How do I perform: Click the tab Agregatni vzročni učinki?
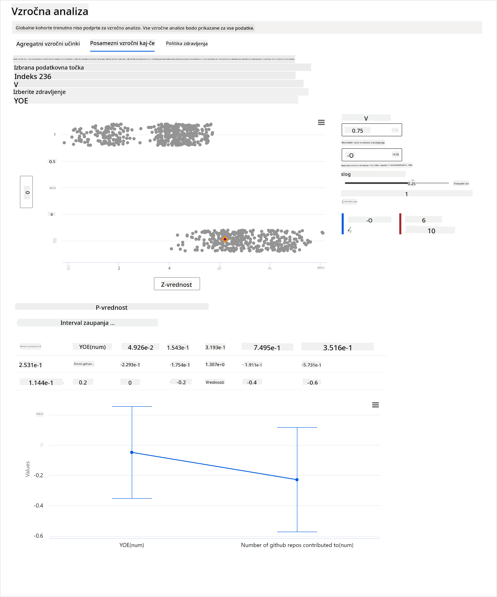(48, 44)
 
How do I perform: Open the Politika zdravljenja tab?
(187, 44)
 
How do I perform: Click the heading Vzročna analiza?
(50, 11)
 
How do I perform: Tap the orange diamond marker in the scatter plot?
(225, 239)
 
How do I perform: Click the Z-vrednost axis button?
(177, 284)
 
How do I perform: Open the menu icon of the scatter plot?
(321, 122)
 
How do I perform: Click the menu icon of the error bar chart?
(375, 405)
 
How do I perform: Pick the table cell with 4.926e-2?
(140, 347)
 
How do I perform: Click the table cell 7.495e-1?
(267, 347)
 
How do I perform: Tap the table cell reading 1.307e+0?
(215, 365)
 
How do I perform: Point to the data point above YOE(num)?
(132, 452)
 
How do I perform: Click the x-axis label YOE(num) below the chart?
(132, 545)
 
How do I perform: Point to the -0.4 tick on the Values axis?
(38, 505)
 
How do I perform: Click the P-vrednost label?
(111, 307)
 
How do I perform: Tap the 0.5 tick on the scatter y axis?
(52, 161)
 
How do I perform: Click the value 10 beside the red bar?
(431, 231)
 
